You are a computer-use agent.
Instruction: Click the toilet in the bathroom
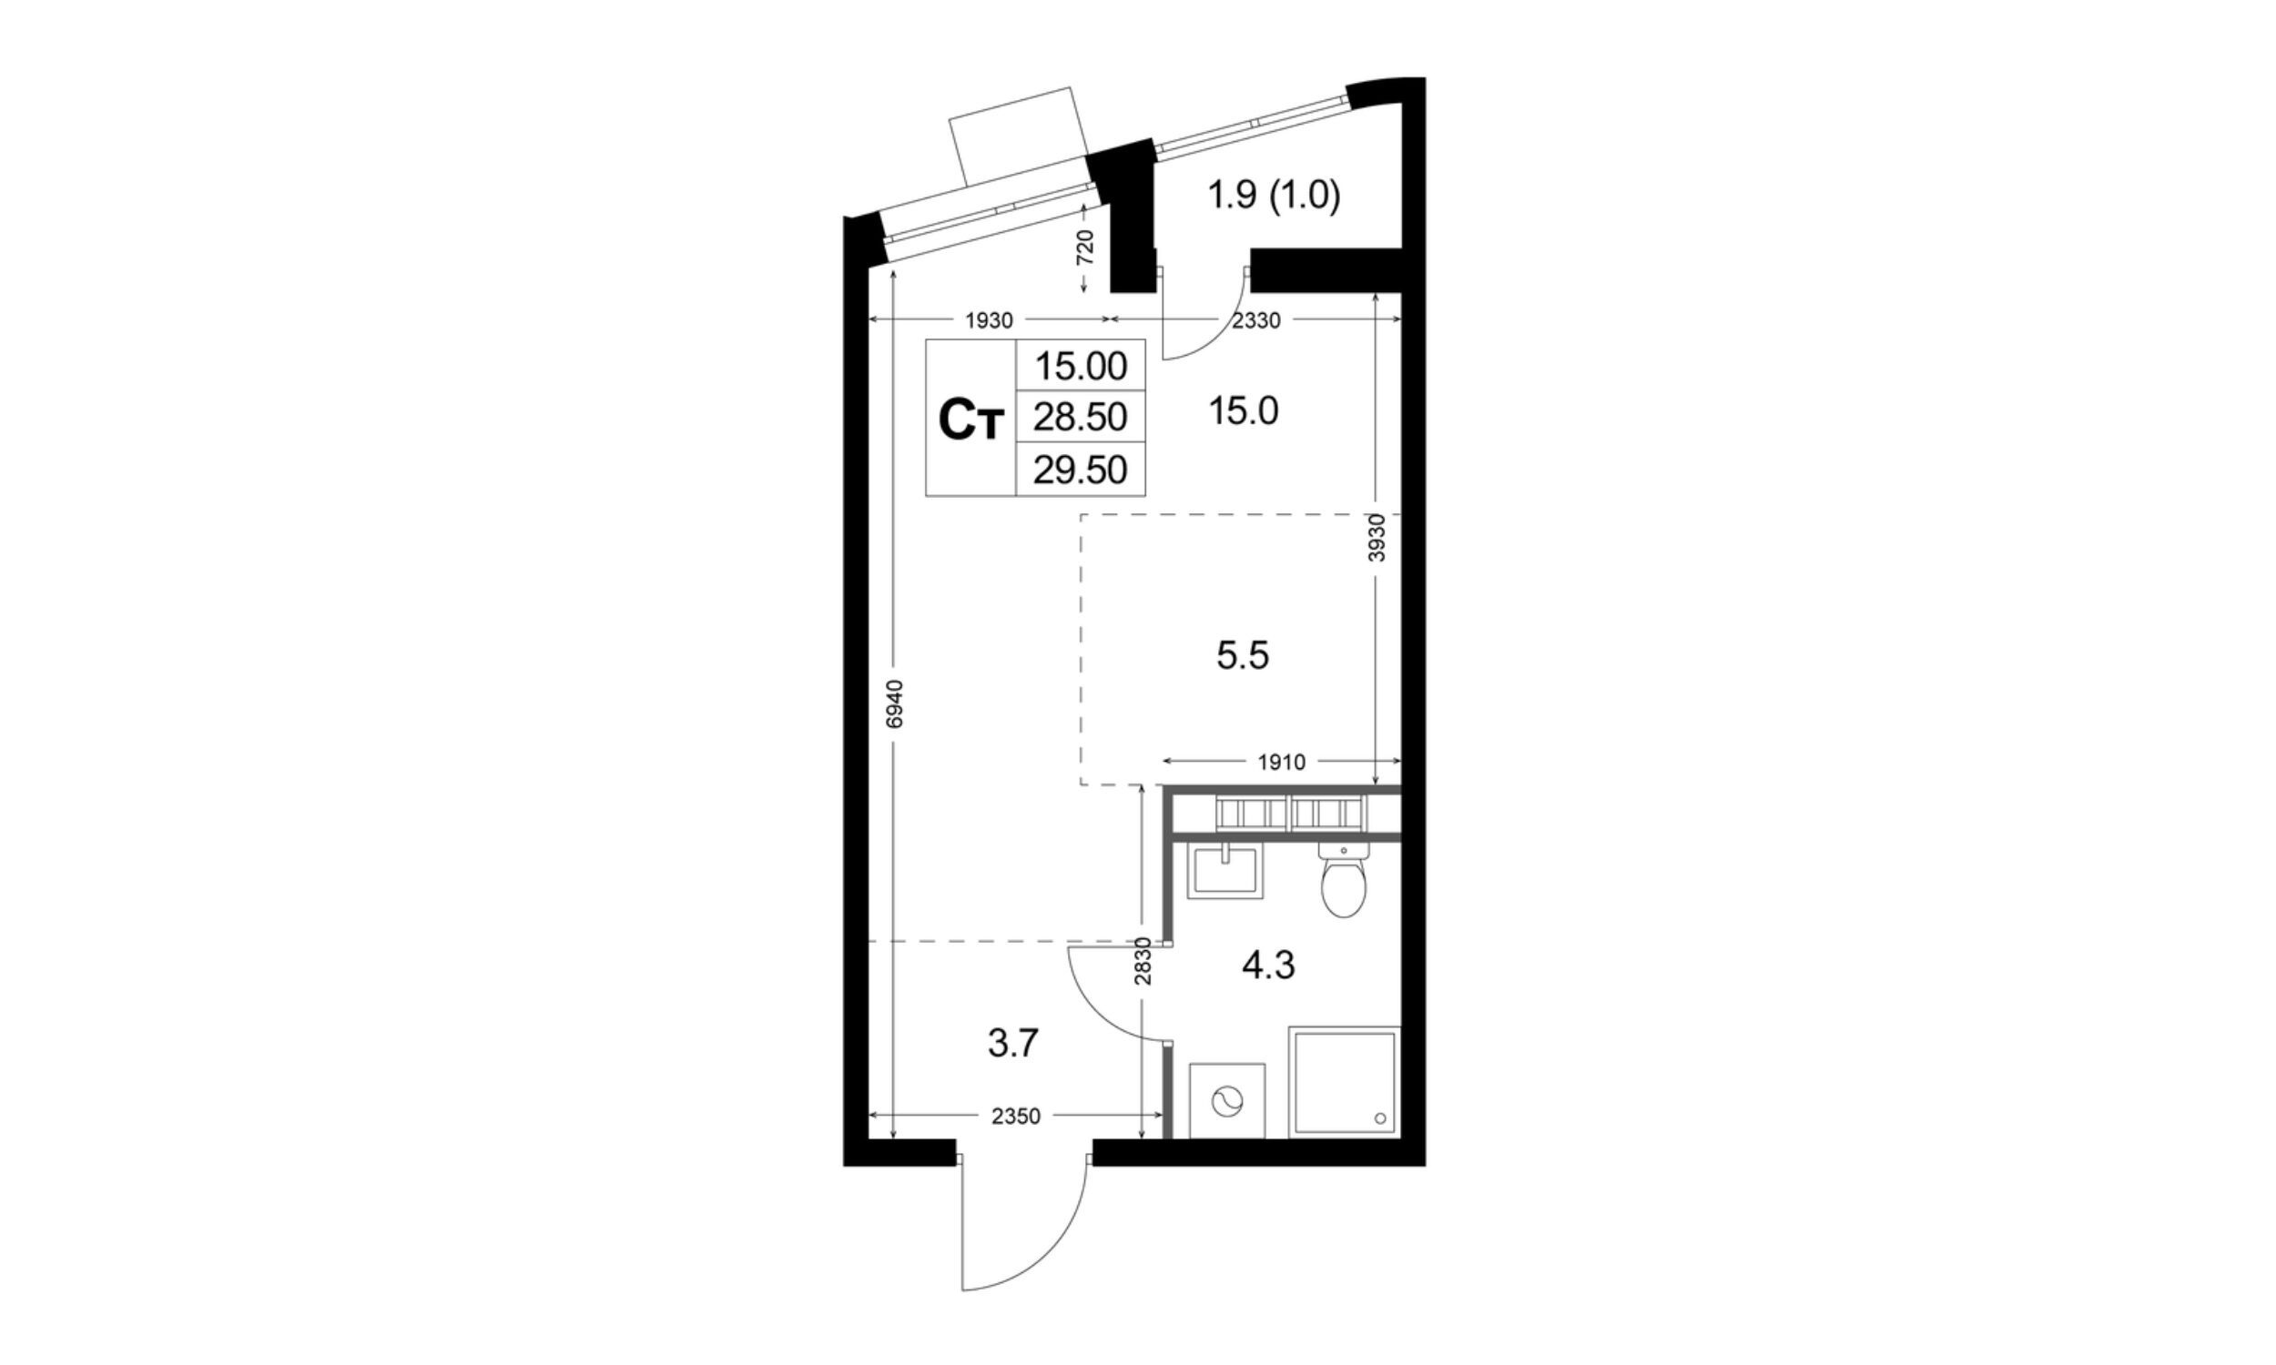(x=1343, y=880)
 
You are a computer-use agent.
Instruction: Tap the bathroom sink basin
(x=1225, y=871)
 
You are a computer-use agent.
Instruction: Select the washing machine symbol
(x=1227, y=1101)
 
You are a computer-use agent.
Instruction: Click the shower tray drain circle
(x=1380, y=1118)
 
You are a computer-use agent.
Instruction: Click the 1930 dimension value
(x=989, y=320)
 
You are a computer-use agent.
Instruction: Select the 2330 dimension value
(x=1255, y=320)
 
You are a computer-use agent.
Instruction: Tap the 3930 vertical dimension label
(x=1377, y=537)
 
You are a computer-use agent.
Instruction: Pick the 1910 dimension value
(x=1281, y=762)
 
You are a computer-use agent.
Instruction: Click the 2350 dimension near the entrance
(x=1016, y=1117)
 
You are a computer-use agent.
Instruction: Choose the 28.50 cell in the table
(x=1080, y=418)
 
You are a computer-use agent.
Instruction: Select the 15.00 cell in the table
(x=1081, y=366)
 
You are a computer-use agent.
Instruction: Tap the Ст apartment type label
(x=970, y=420)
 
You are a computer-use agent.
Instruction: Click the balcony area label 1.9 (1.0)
(x=1274, y=195)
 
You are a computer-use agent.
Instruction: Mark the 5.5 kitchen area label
(x=1243, y=656)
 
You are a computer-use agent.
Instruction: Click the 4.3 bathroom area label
(x=1268, y=966)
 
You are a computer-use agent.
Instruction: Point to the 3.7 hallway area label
(x=1013, y=1044)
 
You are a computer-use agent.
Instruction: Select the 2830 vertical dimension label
(x=1143, y=961)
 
